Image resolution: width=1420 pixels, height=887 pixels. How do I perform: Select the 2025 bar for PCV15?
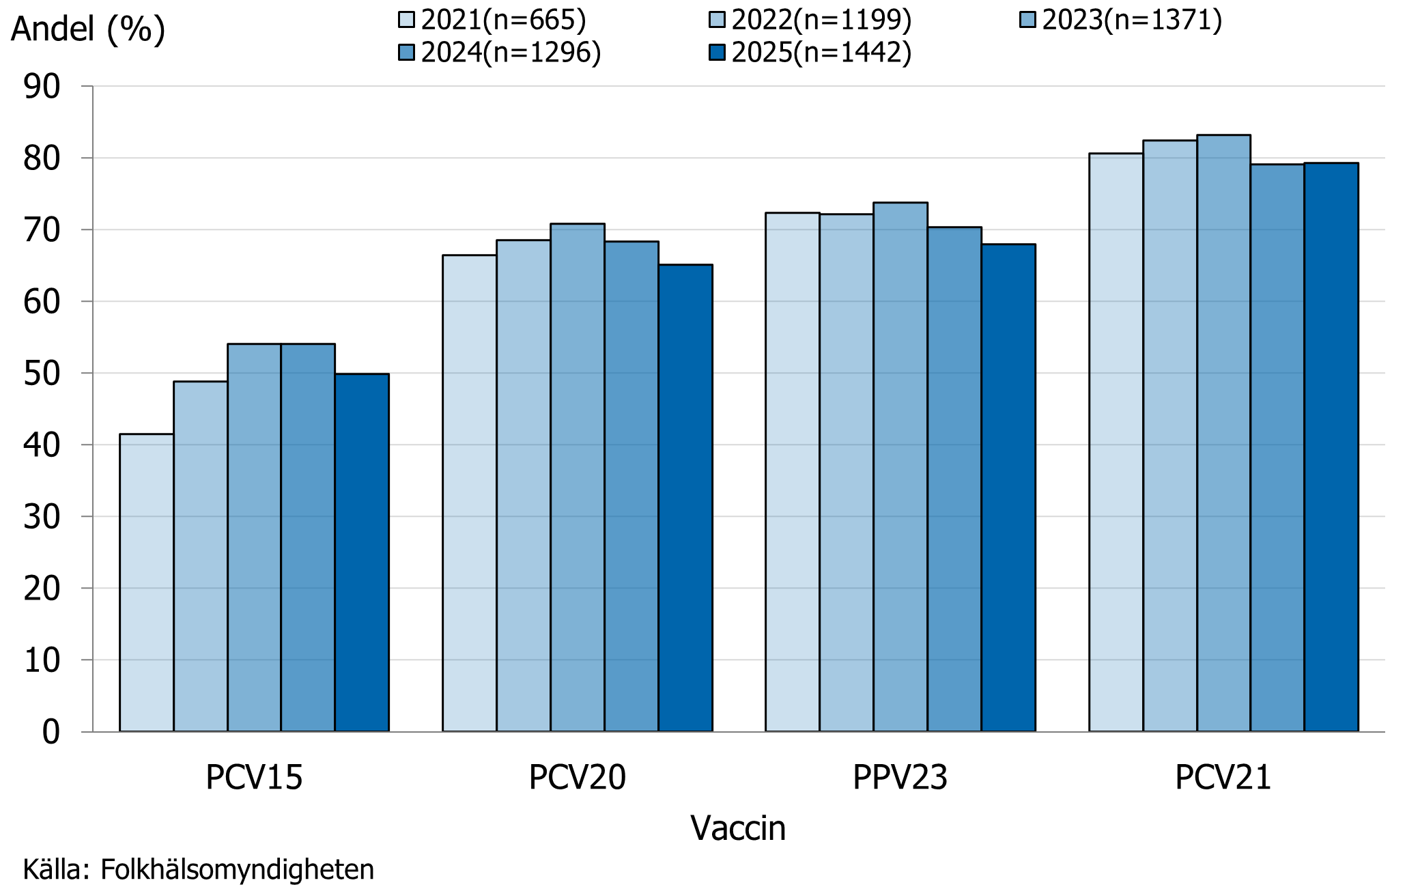coord(362,552)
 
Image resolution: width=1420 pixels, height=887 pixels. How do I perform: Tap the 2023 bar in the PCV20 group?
coord(578,477)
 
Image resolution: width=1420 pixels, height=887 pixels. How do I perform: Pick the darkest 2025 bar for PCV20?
coord(685,498)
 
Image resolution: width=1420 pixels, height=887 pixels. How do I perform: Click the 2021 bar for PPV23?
coord(792,472)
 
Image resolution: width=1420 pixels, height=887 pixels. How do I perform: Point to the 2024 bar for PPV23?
coord(954,479)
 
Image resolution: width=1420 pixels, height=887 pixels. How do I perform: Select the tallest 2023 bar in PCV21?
coord(1223,433)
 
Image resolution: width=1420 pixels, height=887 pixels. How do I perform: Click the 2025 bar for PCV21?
coord(1331,447)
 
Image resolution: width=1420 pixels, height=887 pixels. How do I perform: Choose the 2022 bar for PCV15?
coord(200,556)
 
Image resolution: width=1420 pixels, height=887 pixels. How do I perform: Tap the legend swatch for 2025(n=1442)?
coord(717,53)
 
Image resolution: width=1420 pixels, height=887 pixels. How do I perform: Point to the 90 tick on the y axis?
coord(42,87)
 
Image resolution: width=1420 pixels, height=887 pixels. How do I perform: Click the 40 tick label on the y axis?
coord(42,445)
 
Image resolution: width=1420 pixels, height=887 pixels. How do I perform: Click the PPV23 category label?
coord(900,778)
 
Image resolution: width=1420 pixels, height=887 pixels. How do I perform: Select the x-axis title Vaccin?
coord(738,828)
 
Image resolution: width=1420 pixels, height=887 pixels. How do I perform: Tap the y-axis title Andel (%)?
coord(88,29)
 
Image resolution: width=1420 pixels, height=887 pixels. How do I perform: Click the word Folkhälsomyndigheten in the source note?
coord(237,870)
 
